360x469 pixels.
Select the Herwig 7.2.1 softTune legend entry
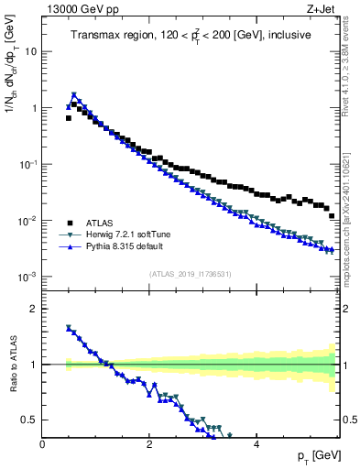coord(123,234)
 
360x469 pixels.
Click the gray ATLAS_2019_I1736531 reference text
coord(191,274)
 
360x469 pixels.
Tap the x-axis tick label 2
coord(149,444)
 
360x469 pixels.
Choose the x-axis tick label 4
coord(256,444)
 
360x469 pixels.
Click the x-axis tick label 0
coord(43,444)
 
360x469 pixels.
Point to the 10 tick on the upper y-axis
coord(29,51)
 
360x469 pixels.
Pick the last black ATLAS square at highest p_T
coord(332,215)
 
